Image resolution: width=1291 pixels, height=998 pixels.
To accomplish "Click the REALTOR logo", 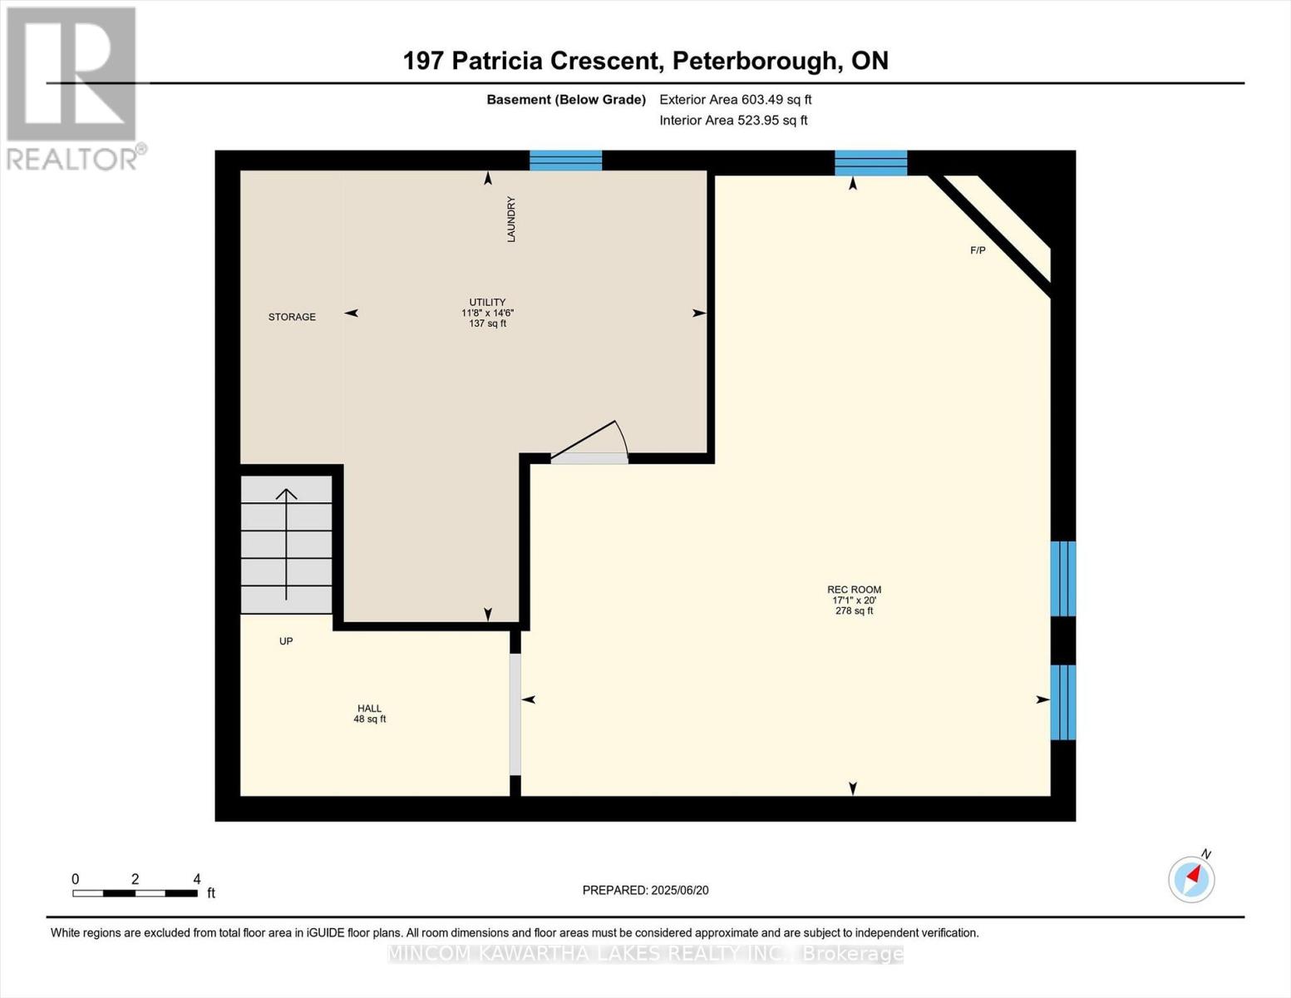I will (x=73, y=87).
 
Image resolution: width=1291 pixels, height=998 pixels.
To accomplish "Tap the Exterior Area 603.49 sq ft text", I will (x=735, y=100).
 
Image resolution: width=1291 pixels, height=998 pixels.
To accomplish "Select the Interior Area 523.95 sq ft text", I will (x=733, y=121).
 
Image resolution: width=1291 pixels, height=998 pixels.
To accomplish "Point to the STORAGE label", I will (x=292, y=317).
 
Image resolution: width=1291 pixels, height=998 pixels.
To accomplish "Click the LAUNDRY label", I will (x=511, y=220).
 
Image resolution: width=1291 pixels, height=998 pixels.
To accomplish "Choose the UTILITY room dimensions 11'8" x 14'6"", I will (x=488, y=313).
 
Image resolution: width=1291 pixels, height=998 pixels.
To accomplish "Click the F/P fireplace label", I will (x=978, y=250).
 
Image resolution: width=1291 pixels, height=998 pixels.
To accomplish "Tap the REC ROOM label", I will (x=854, y=590).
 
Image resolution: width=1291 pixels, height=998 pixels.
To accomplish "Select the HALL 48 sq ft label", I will (x=370, y=714).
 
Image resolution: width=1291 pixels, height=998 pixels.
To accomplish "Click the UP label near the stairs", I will (x=286, y=641).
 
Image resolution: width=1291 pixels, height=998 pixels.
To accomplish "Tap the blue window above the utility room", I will (x=565, y=161).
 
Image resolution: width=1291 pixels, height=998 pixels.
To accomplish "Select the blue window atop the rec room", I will (x=870, y=163).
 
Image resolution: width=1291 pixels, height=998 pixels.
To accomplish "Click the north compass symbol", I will (x=1191, y=878).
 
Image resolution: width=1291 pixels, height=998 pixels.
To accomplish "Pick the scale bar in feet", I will (x=136, y=892).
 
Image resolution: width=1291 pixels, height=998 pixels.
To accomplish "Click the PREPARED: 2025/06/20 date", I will (x=645, y=890).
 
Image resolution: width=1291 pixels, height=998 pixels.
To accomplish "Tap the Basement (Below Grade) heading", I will (x=566, y=100).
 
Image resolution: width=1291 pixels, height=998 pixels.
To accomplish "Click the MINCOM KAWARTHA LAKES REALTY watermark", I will (x=645, y=954).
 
